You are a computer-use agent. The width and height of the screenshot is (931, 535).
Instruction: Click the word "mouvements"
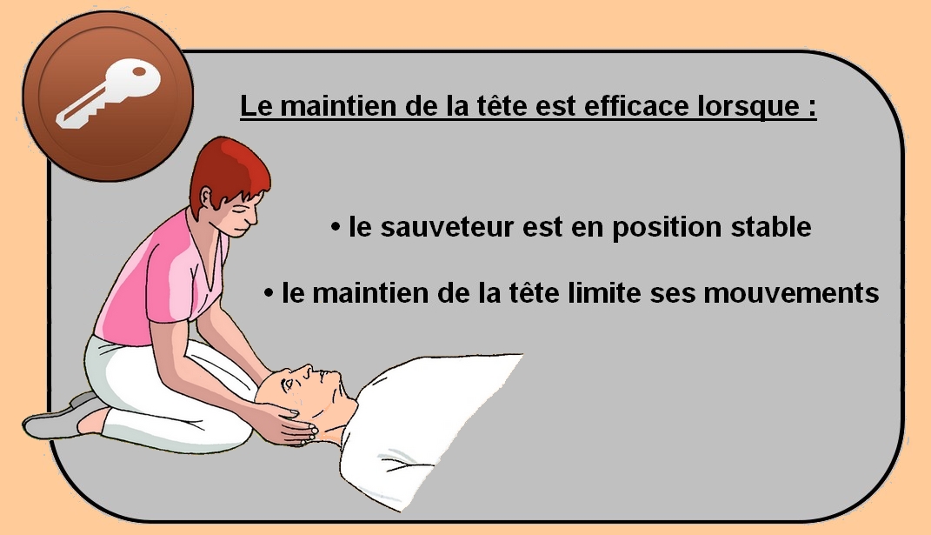point(791,293)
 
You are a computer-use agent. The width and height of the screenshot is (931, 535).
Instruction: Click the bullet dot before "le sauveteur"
point(336,226)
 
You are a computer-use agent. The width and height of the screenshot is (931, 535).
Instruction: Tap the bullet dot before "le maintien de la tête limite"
point(269,292)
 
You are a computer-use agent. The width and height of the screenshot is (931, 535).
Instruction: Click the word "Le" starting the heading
point(256,106)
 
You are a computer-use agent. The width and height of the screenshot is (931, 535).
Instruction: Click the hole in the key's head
point(140,72)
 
